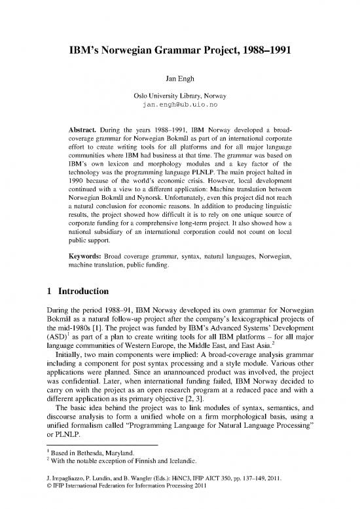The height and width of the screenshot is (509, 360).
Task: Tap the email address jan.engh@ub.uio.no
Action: tap(180, 104)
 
